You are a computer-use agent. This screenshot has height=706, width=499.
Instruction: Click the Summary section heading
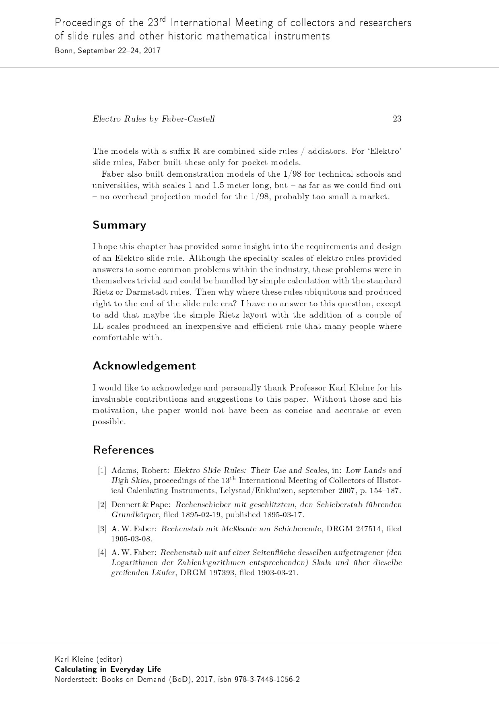click(119, 225)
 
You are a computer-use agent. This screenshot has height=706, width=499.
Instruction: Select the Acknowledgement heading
click(144, 366)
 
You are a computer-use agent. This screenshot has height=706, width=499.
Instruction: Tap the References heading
click(123, 450)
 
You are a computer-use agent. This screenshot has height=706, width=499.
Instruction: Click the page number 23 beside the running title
click(397, 119)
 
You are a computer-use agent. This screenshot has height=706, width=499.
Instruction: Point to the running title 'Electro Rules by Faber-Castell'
click(153, 119)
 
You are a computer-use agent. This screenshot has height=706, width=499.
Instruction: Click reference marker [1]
click(102, 471)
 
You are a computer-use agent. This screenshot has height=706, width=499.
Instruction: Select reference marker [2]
click(102, 505)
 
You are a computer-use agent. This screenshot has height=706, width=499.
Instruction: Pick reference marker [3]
click(102, 529)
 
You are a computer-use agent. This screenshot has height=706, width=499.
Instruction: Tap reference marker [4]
click(102, 553)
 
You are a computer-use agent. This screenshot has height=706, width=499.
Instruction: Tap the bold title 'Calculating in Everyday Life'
click(108, 669)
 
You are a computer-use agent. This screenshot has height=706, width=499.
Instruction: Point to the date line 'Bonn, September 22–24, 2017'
click(107, 51)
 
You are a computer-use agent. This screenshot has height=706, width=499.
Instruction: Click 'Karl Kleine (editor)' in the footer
click(88, 659)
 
